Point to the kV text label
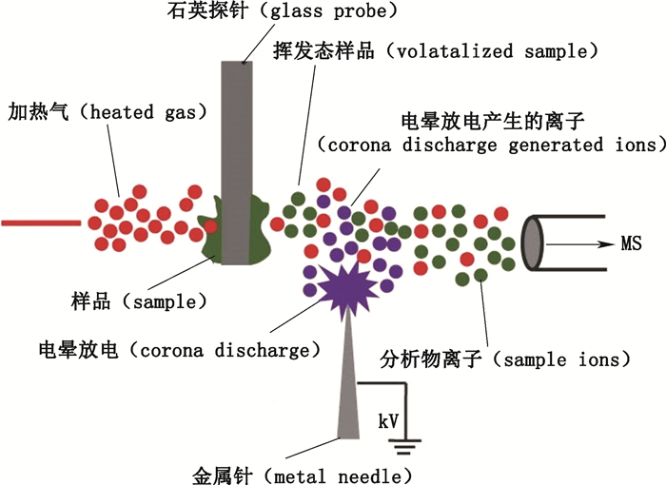(389, 419)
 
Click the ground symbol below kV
(409, 440)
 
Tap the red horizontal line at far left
(40, 223)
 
